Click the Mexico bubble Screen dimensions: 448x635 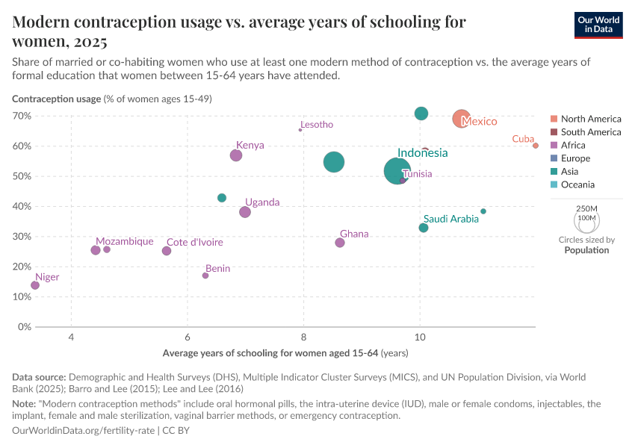tap(462, 119)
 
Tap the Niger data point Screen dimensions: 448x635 tap(35, 285)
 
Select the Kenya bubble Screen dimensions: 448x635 tap(236, 155)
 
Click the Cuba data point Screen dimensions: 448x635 tap(536, 146)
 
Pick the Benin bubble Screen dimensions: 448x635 tap(205, 276)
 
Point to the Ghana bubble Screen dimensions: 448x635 tap(340, 243)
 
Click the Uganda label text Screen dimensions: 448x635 tap(262, 202)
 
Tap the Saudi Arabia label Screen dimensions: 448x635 tap(450, 220)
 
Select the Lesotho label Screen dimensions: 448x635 tap(316, 125)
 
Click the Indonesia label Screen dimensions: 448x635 tap(422, 153)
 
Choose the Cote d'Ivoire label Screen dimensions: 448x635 tap(194, 242)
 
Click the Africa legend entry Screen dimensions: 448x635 tap(573, 146)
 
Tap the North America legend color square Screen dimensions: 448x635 tap(554, 119)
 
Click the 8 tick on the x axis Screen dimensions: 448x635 tap(303, 337)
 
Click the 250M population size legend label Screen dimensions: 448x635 tap(587, 208)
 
